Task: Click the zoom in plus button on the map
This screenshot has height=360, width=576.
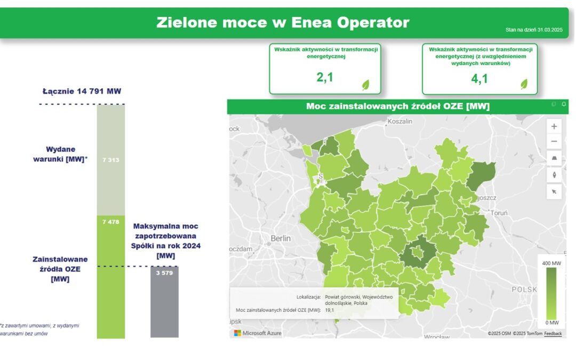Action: coord(554,126)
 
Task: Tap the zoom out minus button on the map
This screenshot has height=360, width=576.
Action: coord(554,141)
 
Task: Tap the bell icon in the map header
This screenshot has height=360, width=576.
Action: coord(564,104)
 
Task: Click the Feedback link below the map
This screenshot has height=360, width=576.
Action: coord(553,333)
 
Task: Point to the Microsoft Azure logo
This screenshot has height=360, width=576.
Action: coord(258,333)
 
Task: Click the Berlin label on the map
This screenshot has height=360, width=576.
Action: coord(281,238)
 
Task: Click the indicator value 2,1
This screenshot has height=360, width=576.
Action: coord(325,78)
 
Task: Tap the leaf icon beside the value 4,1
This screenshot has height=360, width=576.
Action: coord(524,84)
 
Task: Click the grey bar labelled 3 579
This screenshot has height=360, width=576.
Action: coord(164,302)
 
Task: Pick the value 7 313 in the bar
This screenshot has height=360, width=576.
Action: coord(110,160)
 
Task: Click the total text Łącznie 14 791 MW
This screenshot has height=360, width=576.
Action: coord(82,91)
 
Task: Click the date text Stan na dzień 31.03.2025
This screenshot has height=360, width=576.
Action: coord(534,30)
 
